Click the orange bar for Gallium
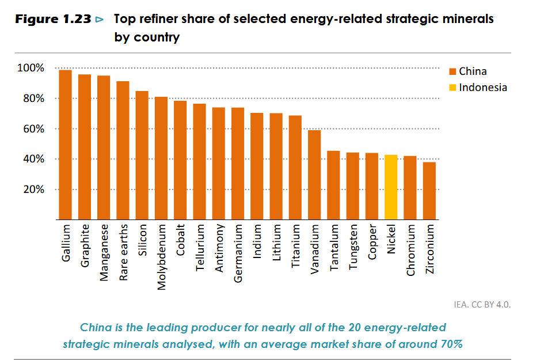pos(66,145)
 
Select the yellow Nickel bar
pos(391,187)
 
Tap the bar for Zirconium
pos(429,191)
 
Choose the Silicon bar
pos(142,155)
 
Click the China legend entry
pos(472,71)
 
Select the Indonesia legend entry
pos(482,88)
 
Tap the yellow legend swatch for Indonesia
pos(452,88)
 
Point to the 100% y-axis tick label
pos(31,69)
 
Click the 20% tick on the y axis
pos(33,190)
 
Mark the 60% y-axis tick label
pos(33,129)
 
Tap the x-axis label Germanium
pos(238,254)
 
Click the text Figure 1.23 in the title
pos(53,20)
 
